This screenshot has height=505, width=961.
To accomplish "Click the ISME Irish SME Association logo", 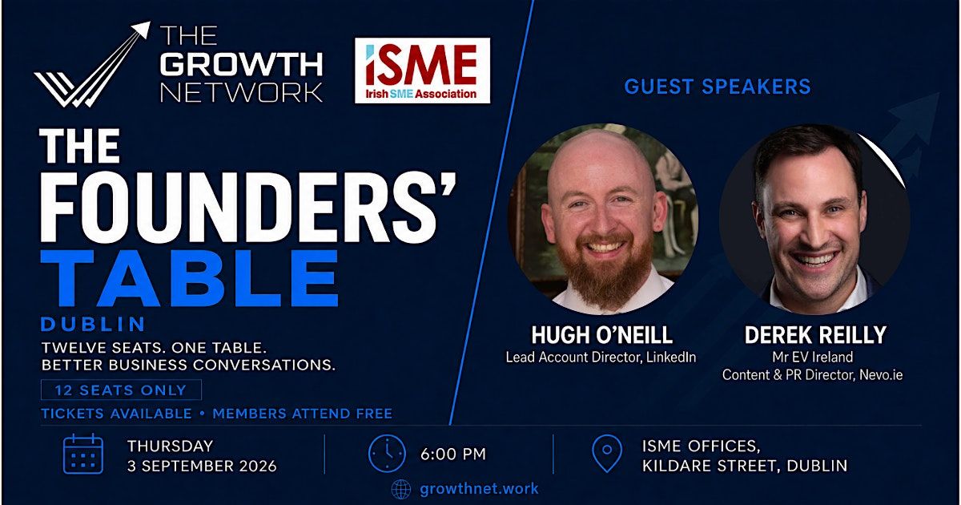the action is [422, 71].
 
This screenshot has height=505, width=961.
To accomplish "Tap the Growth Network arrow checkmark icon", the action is [92, 64].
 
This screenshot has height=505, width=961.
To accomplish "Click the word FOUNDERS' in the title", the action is [248, 208].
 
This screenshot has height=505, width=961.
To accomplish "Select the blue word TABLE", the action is [189, 278].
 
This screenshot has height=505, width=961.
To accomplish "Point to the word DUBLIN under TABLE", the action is [93, 324].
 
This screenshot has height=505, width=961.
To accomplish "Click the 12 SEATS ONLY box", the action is [121, 390].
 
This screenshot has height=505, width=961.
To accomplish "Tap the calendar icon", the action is [83, 454].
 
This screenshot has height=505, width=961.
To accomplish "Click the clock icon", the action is [387, 454].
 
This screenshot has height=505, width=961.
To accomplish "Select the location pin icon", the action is [607, 454].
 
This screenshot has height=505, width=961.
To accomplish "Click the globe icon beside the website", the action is [401, 489].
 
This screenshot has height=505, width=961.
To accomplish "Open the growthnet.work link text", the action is [479, 489].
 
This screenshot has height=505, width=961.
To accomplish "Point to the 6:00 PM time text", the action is [453, 454].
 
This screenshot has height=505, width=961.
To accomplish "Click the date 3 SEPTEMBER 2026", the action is [202, 466].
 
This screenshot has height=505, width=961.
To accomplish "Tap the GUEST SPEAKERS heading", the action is [718, 87].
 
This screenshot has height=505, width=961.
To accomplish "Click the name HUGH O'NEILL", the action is [602, 335].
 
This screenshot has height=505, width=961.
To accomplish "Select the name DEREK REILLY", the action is [815, 335].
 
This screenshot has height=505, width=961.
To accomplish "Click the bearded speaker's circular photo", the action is [603, 219].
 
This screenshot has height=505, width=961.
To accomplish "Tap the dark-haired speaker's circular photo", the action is [815, 219].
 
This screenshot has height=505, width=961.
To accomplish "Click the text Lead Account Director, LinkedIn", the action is [601, 358].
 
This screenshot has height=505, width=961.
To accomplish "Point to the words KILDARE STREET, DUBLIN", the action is [745, 466].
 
